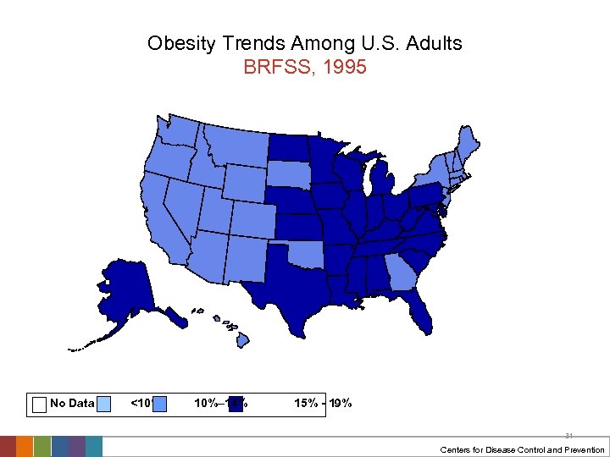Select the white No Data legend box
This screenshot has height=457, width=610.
coord(38,404)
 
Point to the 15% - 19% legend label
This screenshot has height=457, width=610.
coord(323,404)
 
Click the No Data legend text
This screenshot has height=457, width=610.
coord(72,404)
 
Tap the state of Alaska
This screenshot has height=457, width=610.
coord(127,288)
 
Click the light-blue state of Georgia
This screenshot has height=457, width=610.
coord(399,275)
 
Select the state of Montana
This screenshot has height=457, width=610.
coord(233,146)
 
